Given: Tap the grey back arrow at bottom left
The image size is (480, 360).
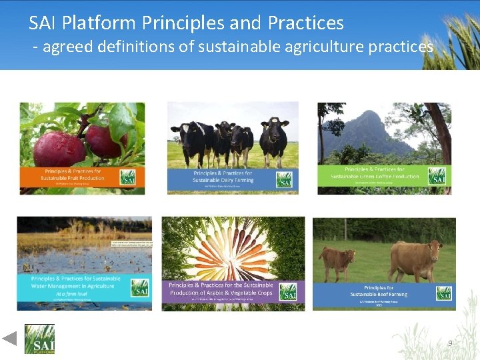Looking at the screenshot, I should pyautogui.click(x=9, y=338).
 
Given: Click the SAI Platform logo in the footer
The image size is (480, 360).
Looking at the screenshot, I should pyautogui.click(x=39, y=339).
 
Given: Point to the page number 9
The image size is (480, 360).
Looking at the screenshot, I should pyautogui.click(x=450, y=343).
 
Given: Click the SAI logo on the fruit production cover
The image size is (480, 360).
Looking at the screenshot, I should pyautogui.click(x=127, y=177).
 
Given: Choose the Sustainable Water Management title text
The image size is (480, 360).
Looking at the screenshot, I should pyautogui.click(x=73, y=283).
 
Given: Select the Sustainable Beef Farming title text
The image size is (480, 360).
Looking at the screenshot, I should pyautogui.click(x=379, y=291).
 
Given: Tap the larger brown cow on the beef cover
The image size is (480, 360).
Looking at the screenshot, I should pyautogui.click(x=415, y=258).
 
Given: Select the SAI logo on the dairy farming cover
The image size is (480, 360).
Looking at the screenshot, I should pyautogui.click(x=285, y=180).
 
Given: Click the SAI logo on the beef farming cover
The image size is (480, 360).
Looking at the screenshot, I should pyautogui.click(x=445, y=293).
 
